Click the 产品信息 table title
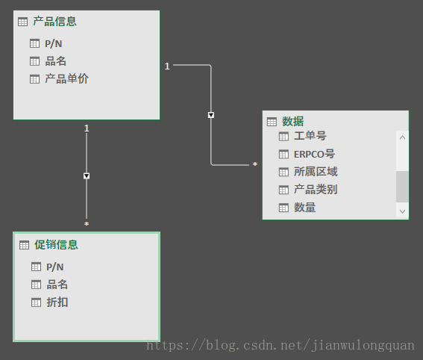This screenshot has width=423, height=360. coord(54,22)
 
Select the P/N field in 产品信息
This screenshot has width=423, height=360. coord(54,43)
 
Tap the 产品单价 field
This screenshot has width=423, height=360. coord(66,79)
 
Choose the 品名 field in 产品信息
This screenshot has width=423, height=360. coord(55,61)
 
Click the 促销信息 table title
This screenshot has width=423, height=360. coord(56,245)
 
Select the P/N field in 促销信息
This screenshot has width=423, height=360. coord(54,267)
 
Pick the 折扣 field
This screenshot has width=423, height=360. coord(57,302)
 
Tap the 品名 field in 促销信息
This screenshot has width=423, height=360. coord(57,285)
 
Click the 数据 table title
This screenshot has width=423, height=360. coord(293,122)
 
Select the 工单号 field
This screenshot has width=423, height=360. coord(310,136)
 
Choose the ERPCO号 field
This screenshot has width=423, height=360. coord(314,154)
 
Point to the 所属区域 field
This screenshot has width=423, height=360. coord(316,172)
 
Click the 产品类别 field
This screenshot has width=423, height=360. coord(316,189)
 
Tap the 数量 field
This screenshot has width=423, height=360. coord(305,208)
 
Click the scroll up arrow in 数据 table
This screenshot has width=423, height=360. coord(402,137)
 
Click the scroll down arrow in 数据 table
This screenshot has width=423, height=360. coord(402,211)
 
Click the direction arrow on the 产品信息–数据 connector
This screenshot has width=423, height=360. coord(211,115)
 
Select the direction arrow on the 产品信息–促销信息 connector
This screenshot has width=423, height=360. coord(87,176)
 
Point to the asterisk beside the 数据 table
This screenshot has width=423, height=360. coord(255,164)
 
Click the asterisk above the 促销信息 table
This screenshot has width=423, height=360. coord(87,223)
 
